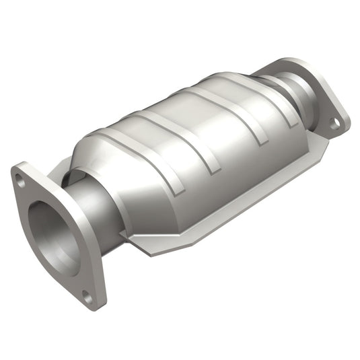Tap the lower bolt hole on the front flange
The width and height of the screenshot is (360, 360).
86,294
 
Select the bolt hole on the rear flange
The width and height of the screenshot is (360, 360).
333,122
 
